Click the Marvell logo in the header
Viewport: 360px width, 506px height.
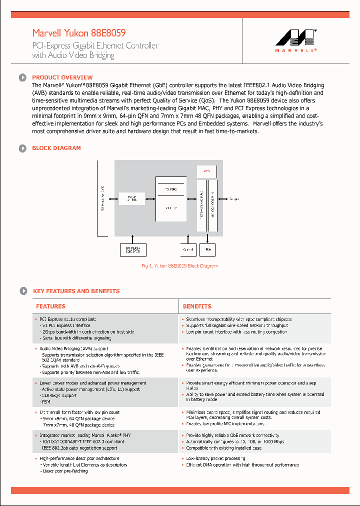point(296,40)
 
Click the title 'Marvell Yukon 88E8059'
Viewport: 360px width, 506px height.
point(79,33)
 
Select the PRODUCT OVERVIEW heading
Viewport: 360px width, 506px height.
point(62,77)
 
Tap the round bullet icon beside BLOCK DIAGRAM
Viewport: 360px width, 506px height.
point(22,148)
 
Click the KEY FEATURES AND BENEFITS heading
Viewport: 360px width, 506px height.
point(76,291)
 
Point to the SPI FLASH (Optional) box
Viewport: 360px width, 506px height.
point(133,248)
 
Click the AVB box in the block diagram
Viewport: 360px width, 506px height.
point(207,171)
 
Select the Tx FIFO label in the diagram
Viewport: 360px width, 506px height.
point(170,189)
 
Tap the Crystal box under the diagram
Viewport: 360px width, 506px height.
point(188,248)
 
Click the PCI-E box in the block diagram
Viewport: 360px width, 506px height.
point(132,198)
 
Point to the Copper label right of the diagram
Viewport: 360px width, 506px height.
point(234,199)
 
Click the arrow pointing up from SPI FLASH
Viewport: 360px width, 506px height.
point(133,239)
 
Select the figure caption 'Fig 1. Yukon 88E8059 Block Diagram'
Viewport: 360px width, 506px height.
point(179,266)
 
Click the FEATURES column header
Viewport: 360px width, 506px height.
point(50,306)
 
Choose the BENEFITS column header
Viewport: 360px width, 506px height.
point(197,306)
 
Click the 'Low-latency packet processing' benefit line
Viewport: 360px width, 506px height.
point(215,458)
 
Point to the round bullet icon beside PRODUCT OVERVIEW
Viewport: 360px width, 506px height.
point(22,77)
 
